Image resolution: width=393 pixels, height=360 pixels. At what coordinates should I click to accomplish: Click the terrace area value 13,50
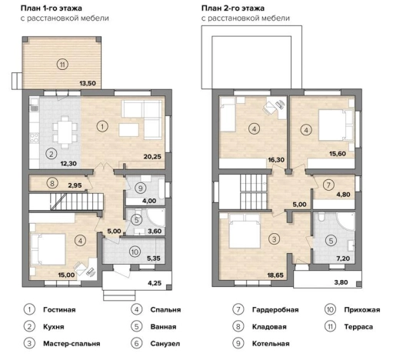(x=88, y=83)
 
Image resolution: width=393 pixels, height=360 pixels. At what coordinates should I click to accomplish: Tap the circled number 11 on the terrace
(x=62, y=64)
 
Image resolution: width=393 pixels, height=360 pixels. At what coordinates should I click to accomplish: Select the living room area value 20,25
(x=152, y=156)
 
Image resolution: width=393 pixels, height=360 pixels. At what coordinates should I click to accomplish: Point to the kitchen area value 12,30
(x=68, y=163)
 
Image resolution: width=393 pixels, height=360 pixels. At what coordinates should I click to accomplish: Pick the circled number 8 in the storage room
(x=52, y=183)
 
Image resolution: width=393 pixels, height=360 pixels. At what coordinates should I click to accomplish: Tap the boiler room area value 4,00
(x=149, y=201)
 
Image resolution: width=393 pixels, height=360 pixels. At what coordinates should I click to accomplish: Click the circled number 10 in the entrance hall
(x=135, y=252)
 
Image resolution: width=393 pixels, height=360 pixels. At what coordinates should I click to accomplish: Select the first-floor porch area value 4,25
(x=155, y=283)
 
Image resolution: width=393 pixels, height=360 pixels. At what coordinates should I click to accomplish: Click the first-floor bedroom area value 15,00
(x=66, y=275)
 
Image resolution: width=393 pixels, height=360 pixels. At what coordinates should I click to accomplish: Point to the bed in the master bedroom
(x=245, y=231)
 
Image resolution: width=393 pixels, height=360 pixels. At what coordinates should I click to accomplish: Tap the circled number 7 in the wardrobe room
(x=328, y=185)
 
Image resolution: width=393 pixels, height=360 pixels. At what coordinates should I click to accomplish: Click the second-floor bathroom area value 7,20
(x=343, y=258)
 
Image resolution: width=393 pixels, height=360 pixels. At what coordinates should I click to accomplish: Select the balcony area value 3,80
(x=341, y=282)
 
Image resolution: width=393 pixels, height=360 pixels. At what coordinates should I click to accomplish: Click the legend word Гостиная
(x=59, y=310)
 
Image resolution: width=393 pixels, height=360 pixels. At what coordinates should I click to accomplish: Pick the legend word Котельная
(x=271, y=344)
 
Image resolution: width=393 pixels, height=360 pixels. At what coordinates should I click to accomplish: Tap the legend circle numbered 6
(x=136, y=343)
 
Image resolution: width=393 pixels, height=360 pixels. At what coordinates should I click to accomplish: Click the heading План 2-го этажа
(x=233, y=8)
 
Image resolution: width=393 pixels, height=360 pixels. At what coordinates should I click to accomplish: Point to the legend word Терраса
(x=358, y=327)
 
